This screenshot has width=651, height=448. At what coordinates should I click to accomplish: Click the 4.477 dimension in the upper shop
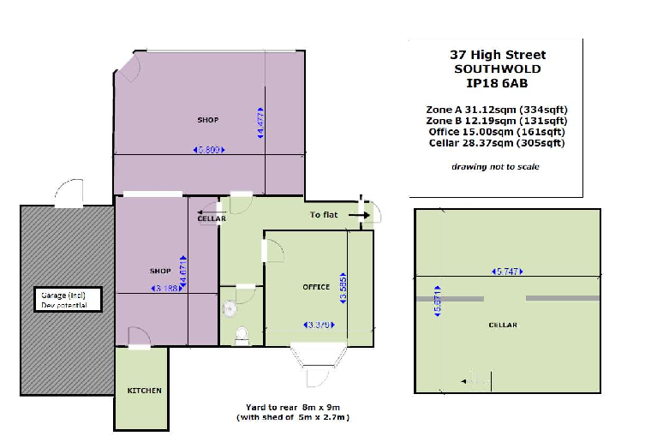[x=260, y=122]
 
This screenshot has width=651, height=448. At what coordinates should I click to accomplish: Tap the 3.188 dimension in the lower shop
[x=164, y=289]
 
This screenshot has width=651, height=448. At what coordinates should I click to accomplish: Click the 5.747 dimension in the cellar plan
[x=506, y=272]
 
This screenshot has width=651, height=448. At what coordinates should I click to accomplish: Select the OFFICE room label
[x=316, y=286]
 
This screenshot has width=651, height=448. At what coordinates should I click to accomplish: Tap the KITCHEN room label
[x=144, y=391]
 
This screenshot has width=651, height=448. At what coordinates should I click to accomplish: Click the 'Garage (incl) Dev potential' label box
[x=69, y=299]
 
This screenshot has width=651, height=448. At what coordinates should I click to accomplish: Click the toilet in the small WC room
[x=242, y=333]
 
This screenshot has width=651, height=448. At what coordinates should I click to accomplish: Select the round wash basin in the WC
[x=228, y=308]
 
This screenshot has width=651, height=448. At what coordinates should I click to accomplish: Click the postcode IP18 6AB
[x=496, y=83]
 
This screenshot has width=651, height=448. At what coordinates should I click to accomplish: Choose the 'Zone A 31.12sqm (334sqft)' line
[x=496, y=110]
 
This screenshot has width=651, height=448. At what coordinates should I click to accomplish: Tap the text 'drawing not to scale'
[x=496, y=166]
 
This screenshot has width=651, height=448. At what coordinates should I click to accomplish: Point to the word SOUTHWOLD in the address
[x=497, y=69]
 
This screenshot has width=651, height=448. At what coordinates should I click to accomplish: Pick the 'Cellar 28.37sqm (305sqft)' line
[x=496, y=143]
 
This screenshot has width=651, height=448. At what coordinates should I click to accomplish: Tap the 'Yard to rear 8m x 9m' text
[x=293, y=407]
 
